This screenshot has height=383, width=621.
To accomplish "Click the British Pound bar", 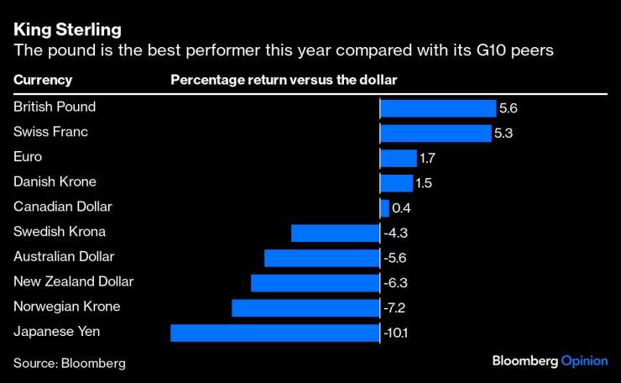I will pyautogui.click(x=437, y=108).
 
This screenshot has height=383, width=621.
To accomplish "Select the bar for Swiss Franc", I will pyautogui.click(x=435, y=133).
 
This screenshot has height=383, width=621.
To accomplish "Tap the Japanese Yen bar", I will pyautogui.click(x=274, y=333).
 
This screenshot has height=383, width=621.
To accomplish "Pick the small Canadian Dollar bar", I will pyautogui.click(x=384, y=207).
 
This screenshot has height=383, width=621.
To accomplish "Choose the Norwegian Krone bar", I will pyautogui.click(x=305, y=307).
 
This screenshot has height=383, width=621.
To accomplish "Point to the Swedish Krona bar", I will pyautogui.click(x=335, y=233).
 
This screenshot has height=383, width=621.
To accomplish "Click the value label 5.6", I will pyautogui.click(x=509, y=108).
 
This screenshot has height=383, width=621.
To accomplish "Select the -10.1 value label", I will pyautogui.click(x=396, y=333).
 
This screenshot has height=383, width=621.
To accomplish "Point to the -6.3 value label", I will pyautogui.click(x=395, y=283).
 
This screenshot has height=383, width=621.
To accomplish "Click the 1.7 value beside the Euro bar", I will pyautogui.click(x=427, y=158).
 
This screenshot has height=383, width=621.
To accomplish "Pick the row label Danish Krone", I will pyautogui.click(x=55, y=181).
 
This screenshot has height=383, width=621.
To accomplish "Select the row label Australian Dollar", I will pyautogui.click(x=64, y=256).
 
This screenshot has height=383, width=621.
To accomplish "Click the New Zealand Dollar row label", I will pyautogui.click(x=74, y=281).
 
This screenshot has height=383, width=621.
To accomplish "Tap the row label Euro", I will pyautogui.click(x=28, y=156).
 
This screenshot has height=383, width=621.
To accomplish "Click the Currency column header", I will pyautogui.click(x=43, y=80).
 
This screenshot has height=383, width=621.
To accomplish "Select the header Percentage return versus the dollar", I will pyautogui.click(x=284, y=80).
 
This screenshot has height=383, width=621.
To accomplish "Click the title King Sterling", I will pyautogui.click(x=66, y=31).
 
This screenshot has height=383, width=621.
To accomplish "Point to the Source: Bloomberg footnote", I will pyautogui.click(x=69, y=363).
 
